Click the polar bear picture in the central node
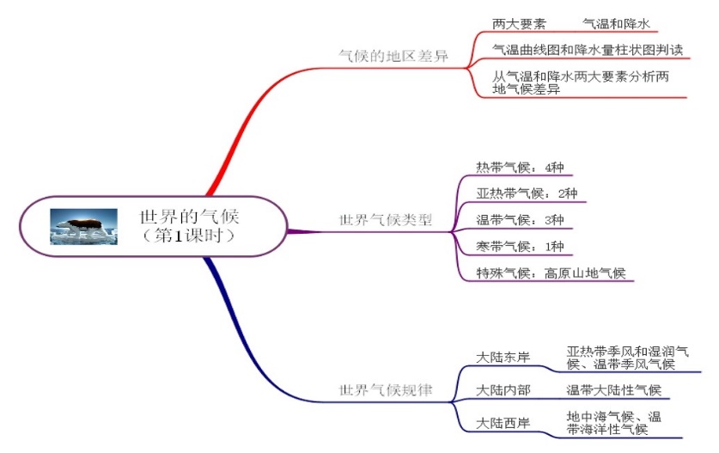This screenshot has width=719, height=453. point(83,226)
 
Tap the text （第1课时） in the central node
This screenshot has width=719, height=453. point(189,235)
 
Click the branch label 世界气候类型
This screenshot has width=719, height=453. point(386,221)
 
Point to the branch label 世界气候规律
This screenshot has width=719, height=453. point(386,390)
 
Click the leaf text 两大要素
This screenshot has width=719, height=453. point(519,24)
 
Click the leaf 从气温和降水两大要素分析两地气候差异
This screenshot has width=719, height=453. point(581,83)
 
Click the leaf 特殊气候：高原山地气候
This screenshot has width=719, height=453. point(551,273)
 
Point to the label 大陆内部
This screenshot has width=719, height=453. point(503,391)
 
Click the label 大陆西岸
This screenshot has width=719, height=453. point(503,423)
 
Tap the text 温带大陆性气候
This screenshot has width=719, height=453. point(613,391)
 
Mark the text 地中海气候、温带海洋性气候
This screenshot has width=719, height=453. point(612,423)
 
